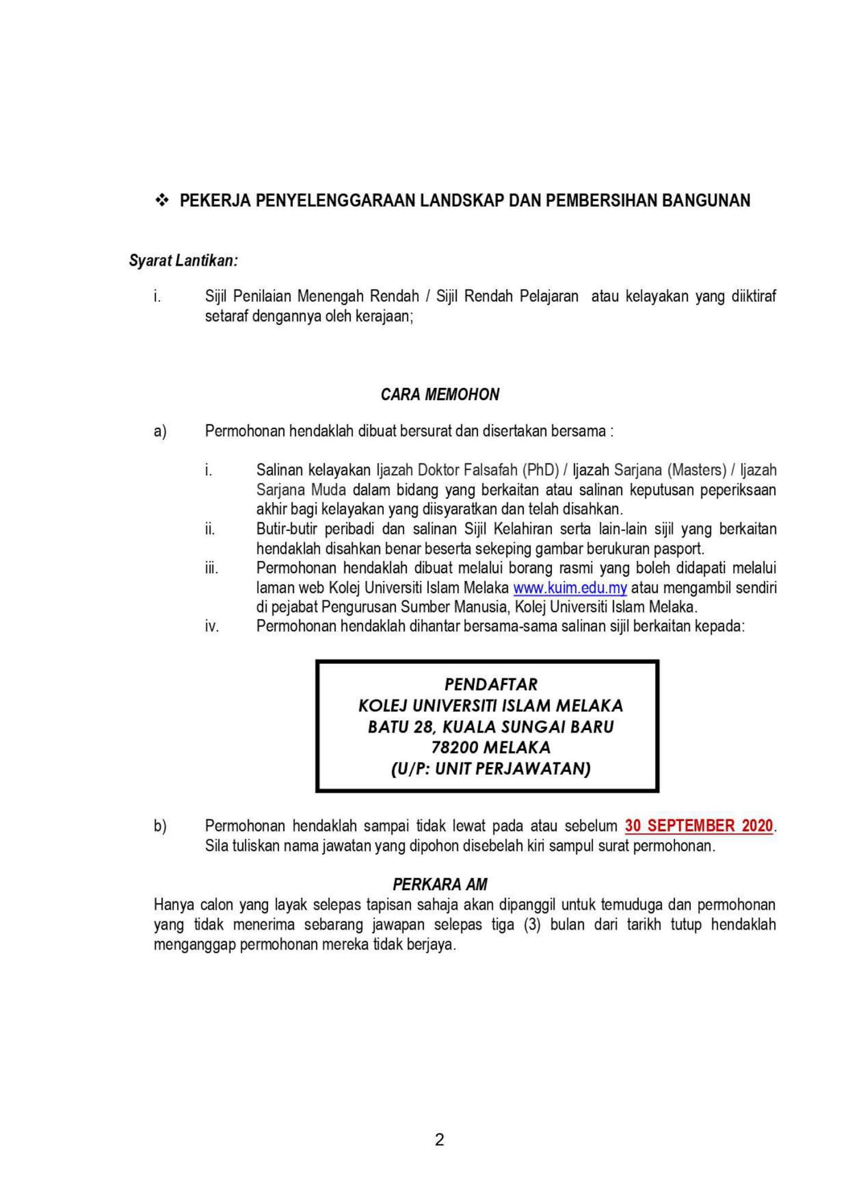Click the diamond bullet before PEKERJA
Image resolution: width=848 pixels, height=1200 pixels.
click(x=161, y=201)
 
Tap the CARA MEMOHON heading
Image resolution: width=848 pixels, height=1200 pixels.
click(x=440, y=394)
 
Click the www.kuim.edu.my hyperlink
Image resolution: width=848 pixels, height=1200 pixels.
click(x=570, y=588)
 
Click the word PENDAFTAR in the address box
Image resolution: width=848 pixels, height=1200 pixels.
click(x=491, y=684)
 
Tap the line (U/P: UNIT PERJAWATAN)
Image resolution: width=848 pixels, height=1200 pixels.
click(x=491, y=769)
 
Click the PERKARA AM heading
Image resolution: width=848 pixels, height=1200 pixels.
click(x=440, y=884)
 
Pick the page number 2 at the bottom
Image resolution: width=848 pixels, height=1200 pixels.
click(x=440, y=1140)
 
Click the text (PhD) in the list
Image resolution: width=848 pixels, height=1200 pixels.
click(x=542, y=470)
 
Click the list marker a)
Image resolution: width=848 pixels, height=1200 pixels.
click(x=160, y=431)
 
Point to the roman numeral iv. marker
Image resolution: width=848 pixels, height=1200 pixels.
click(x=212, y=626)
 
